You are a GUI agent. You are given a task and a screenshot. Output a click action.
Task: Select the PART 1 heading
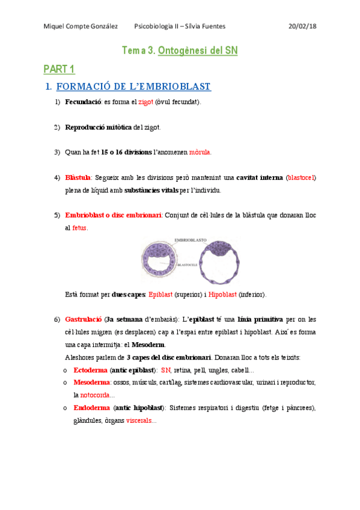click(59, 69)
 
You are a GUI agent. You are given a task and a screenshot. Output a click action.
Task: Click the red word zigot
click(145, 102)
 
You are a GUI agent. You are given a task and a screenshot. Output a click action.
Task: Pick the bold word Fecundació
click(83, 102)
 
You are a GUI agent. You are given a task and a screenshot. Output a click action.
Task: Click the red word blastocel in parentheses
click(301, 178)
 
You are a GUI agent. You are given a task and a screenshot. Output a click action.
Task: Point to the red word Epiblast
click(160, 295)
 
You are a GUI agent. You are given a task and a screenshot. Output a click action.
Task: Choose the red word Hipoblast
click(222, 295)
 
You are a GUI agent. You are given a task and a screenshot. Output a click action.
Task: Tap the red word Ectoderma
click(91, 370)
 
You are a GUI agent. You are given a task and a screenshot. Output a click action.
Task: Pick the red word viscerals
click(139, 420)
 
